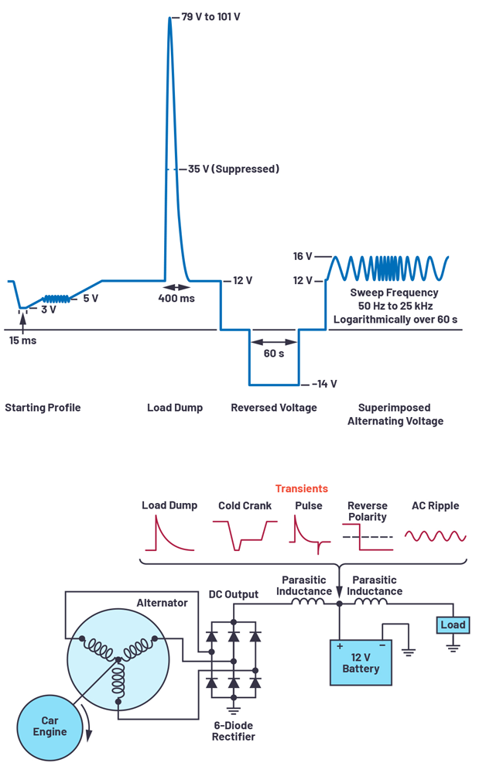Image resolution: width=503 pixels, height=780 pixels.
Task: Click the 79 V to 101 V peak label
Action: tap(210, 16)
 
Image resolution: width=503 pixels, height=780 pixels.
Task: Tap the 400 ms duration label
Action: tap(176, 299)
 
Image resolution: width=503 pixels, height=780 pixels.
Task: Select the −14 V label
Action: tap(324, 384)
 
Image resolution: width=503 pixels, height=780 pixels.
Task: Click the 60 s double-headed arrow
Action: tap(274, 341)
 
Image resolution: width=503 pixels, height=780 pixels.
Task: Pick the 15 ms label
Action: tap(22, 340)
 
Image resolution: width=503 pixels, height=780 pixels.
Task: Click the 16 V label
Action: tap(303, 256)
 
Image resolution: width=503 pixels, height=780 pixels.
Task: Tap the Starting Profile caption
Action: tap(43, 408)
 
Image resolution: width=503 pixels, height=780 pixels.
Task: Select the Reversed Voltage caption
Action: tap(274, 408)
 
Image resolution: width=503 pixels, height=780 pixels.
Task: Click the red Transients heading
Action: tap(301, 488)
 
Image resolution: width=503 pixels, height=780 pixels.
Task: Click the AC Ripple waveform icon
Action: tap(435, 535)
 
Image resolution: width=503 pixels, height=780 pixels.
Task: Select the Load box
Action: tap(453, 625)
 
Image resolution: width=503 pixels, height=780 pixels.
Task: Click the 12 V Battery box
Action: tap(361, 662)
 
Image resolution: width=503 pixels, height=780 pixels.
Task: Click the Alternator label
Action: tap(162, 603)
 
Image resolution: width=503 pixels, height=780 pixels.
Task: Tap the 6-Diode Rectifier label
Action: tap(233, 730)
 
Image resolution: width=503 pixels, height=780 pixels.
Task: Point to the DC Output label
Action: tap(233, 594)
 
